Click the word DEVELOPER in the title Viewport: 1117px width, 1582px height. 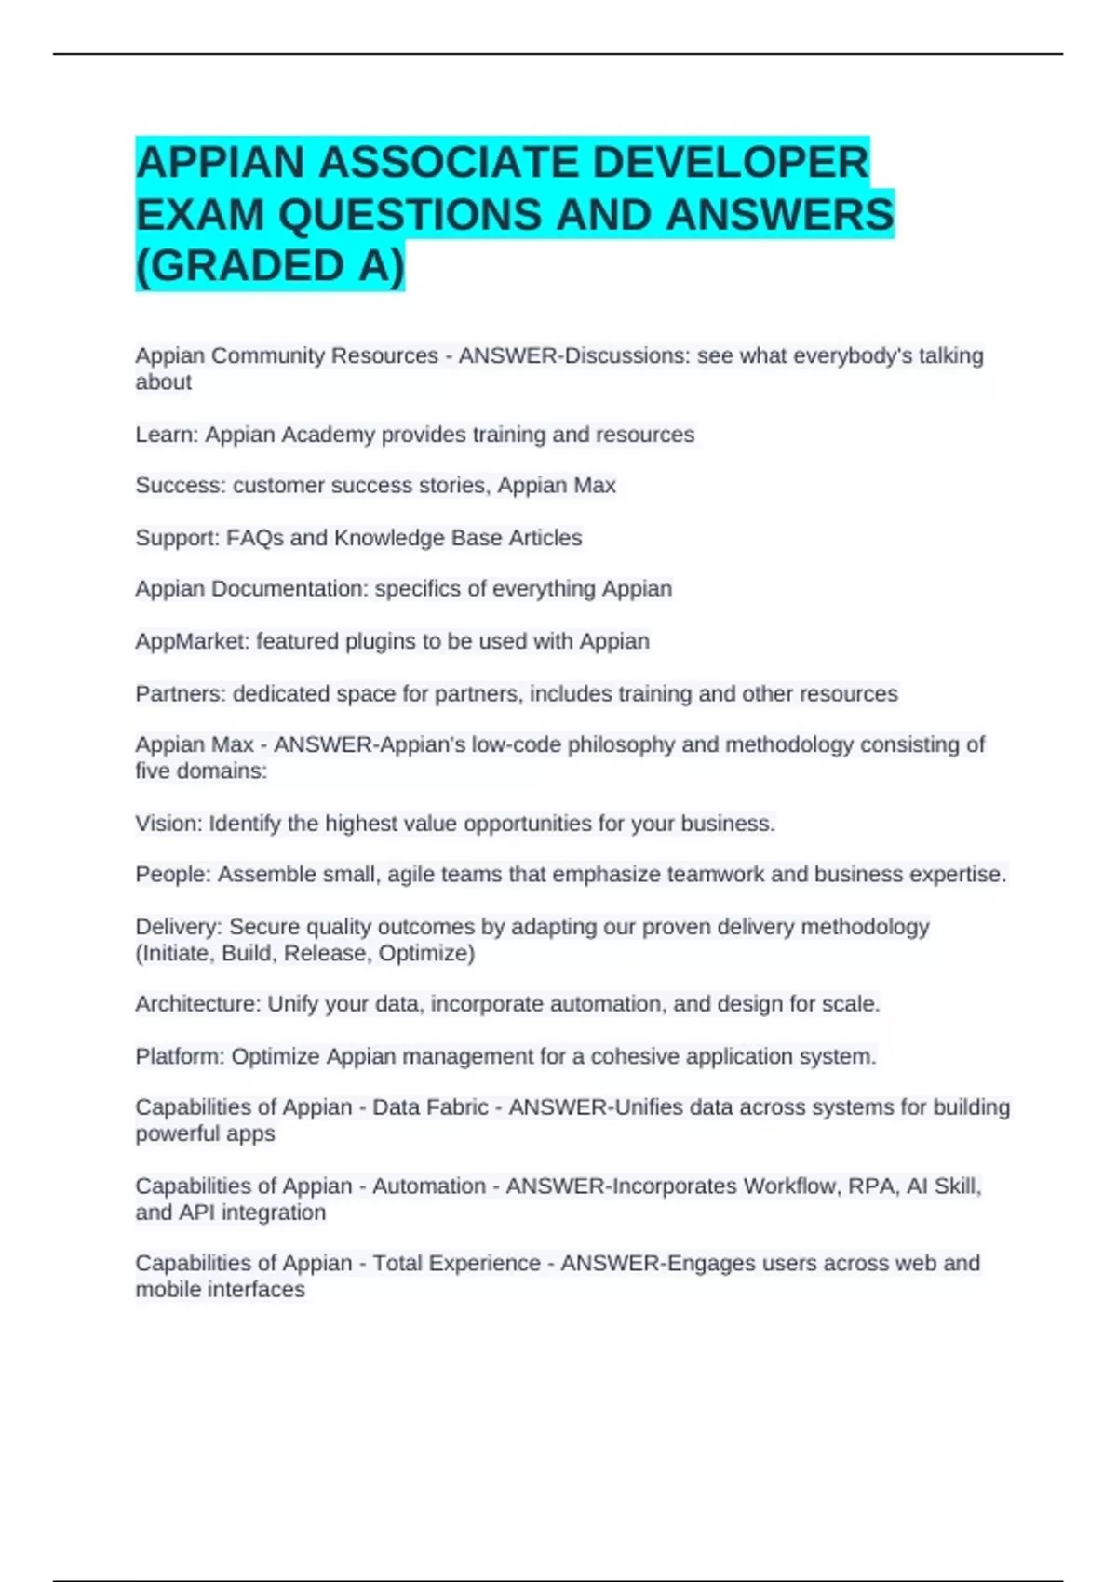point(730,163)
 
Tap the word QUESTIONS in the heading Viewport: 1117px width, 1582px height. point(410,215)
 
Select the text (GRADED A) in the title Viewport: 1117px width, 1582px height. point(270,266)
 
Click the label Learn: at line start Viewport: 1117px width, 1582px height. point(167,435)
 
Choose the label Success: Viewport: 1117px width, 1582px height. point(181,486)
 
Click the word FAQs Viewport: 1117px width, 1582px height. point(255,538)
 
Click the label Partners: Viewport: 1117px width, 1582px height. point(181,694)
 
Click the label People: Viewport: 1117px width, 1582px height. point(173,875)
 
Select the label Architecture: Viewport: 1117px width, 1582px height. point(198,1004)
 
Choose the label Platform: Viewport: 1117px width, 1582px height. point(180,1057)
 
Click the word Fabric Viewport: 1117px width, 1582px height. point(456,1107)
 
